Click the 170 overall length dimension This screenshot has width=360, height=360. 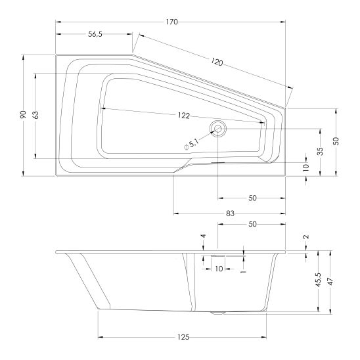click(171, 22)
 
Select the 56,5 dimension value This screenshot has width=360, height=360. click(95, 34)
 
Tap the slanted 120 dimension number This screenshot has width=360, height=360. click(217, 62)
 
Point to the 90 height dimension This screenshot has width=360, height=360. click(23, 114)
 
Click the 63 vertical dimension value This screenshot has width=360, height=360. click(35, 115)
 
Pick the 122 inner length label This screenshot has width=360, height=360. click(184, 116)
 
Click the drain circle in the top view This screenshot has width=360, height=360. click(218, 129)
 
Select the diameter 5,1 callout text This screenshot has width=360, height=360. click(191, 145)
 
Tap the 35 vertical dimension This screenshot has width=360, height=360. click(320, 151)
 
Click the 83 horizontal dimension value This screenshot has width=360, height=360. click(230, 214)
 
